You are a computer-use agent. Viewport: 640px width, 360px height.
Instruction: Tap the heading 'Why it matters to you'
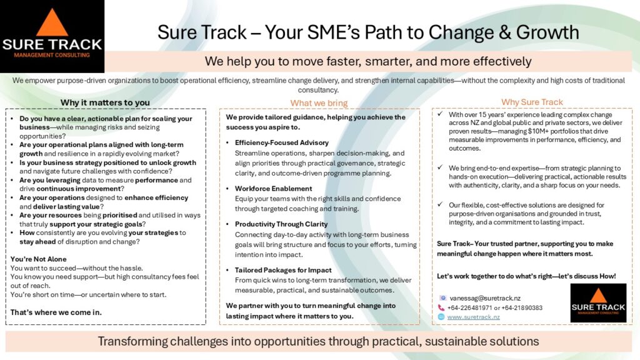(105, 102)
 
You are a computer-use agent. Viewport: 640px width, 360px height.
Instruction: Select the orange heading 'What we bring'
(319, 103)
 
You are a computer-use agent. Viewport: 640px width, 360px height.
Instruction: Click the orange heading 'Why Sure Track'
(532, 102)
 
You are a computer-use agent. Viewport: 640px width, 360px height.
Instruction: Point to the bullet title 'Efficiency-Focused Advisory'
(282, 142)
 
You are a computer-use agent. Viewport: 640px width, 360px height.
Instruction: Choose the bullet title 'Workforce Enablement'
(273, 189)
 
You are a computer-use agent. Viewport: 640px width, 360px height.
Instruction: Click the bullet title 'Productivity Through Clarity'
(281, 224)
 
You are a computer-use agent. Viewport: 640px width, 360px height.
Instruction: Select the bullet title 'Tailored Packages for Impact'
(283, 270)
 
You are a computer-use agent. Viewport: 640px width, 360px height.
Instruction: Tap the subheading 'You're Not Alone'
(38, 259)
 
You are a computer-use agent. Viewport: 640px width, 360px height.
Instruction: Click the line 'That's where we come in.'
(56, 312)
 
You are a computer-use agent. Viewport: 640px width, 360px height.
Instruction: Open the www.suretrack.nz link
(474, 317)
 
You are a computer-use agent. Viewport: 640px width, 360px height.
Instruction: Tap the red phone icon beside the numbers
(441, 307)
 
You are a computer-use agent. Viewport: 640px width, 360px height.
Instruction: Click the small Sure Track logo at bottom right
(598, 303)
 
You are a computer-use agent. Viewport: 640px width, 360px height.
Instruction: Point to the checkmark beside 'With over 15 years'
(440, 114)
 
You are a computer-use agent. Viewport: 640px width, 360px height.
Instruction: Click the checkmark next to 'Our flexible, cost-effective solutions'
(440, 204)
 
